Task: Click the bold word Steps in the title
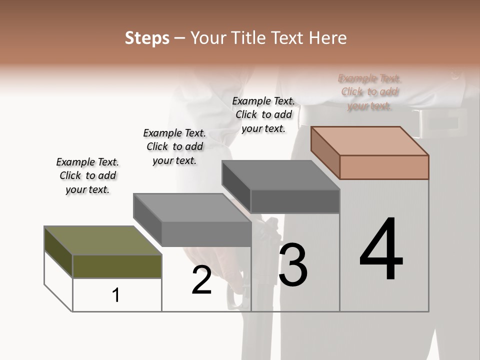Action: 147,38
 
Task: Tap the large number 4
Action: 381,250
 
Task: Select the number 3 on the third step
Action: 293,265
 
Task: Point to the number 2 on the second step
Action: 201,280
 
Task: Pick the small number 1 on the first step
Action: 116,295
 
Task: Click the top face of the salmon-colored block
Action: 370,140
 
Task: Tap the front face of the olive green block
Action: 117,266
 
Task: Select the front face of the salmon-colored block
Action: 384,167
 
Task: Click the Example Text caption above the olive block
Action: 87,175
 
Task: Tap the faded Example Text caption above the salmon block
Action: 369,92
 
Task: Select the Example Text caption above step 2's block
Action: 174,146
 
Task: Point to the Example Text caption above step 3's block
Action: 263,114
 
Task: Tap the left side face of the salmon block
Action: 325,152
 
